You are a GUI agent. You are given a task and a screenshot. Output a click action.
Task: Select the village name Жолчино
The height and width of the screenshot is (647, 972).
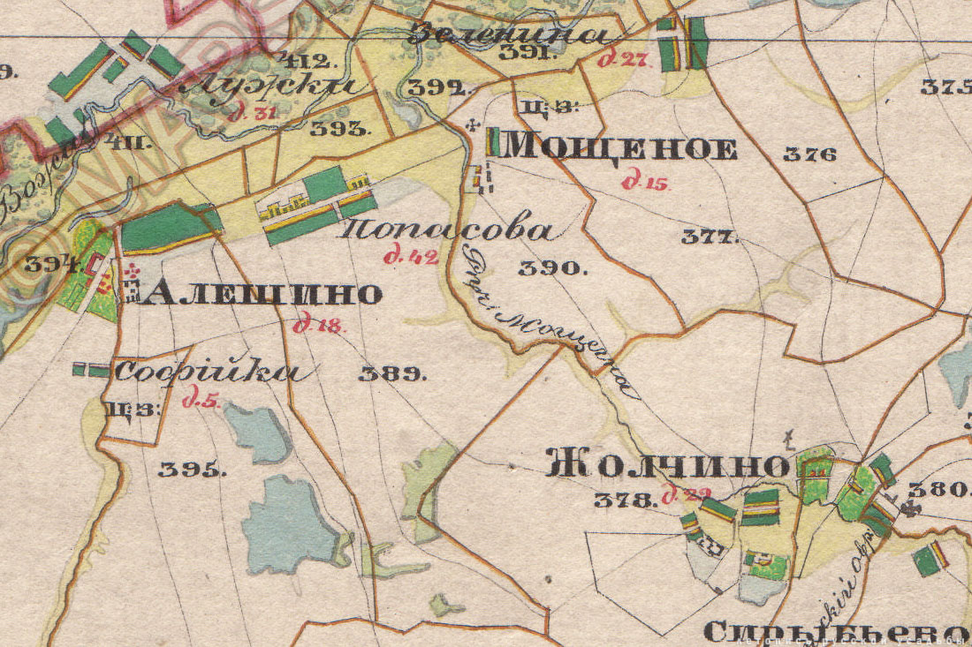pyautogui.click(x=667, y=464)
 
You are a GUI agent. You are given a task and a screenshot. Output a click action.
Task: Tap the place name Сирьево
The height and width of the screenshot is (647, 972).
pyautogui.click(x=835, y=631)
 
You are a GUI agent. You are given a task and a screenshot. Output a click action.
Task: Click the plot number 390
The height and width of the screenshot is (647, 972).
pyautogui.click(x=552, y=268)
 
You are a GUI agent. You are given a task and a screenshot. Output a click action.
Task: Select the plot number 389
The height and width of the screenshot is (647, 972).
pyautogui.click(x=392, y=373)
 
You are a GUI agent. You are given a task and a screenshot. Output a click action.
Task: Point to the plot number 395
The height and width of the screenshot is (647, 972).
pyautogui.click(x=192, y=470)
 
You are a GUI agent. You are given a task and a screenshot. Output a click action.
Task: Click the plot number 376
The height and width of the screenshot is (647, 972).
pyautogui.click(x=809, y=154)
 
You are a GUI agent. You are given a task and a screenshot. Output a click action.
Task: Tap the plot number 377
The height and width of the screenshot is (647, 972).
pyautogui.click(x=710, y=237)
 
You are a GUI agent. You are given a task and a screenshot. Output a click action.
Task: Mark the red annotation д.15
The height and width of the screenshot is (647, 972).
pyautogui.click(x=646, y=183)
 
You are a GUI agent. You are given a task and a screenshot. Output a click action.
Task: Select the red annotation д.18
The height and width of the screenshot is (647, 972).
pyautogui.click(x=320, y=325)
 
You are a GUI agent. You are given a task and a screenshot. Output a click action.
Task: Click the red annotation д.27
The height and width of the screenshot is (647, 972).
pyautogui.click(x=623, y=60)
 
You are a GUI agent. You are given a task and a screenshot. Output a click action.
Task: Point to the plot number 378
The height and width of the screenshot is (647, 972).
pyautogui.click(x=625, y=500)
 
